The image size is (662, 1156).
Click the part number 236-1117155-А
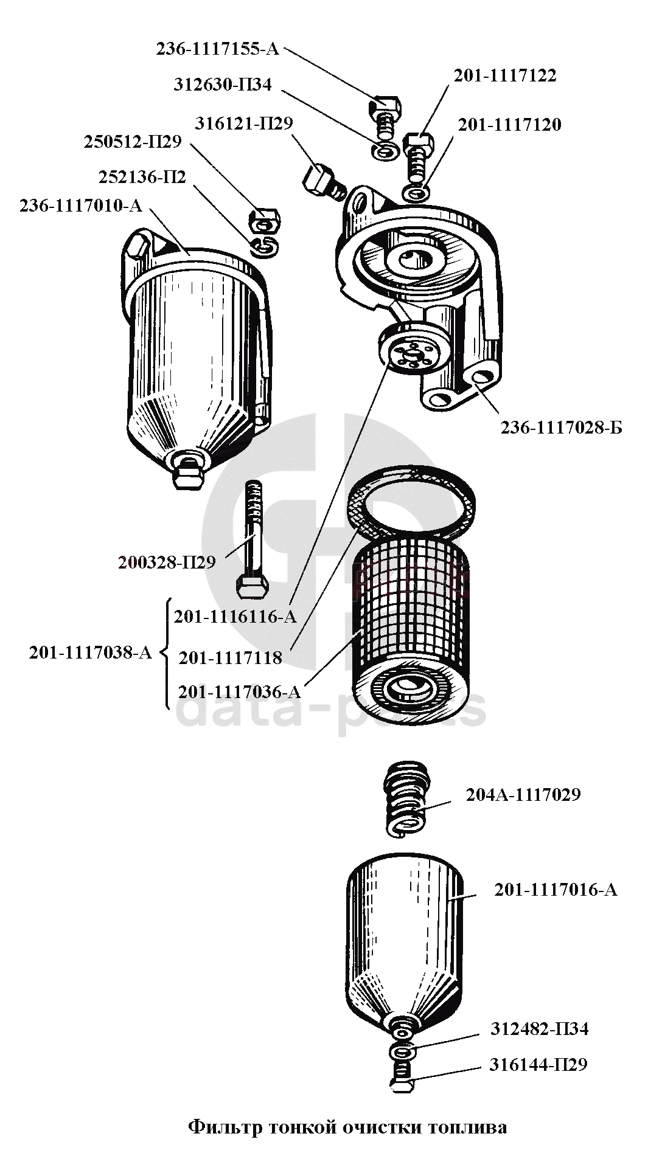click(x=217, y=49)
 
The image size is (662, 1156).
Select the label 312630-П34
click(x=223, y=85)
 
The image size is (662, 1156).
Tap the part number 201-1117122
click(x=504, y=75)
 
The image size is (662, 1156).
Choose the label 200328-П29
click(x=167, y=562)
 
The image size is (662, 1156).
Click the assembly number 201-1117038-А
click(x=90, y=653)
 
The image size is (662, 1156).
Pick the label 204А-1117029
click(x=523, y=795)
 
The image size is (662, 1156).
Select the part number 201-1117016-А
click(x=556, y=890)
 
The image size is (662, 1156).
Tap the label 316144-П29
click(x=538, y=1065)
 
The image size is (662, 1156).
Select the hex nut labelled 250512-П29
click(x=265, y=221)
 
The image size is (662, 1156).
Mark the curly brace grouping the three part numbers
click(x=164, y=654)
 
